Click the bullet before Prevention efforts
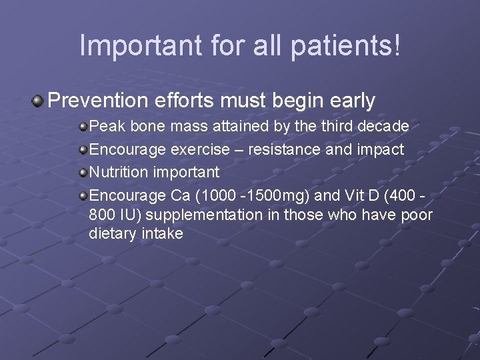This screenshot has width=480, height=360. (x=38, y=101)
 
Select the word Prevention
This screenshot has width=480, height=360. (x=97, y=101)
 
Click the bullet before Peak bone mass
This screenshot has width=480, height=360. (x=83, y=126)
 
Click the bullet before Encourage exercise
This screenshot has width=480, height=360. (x=83, y=149)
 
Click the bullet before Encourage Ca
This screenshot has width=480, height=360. (x=83, y=196)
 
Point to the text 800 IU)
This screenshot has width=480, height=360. (x=114, y=215)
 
